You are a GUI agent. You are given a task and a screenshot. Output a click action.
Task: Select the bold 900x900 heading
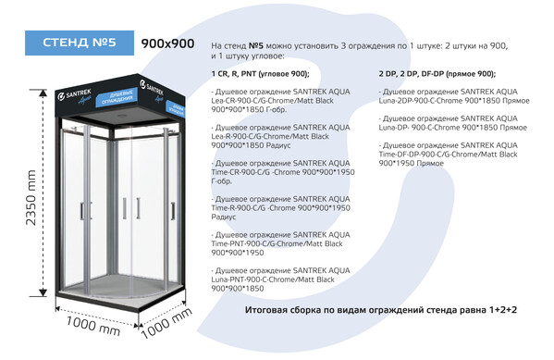[167, 43]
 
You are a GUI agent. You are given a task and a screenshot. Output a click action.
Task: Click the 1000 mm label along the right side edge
[170, 325]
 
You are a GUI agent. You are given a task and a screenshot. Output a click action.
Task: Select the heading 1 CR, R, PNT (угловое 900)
[260, 73]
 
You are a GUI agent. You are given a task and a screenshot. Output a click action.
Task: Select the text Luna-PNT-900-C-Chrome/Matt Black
[272, 279]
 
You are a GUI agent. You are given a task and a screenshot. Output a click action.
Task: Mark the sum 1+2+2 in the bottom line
[499, 308]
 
